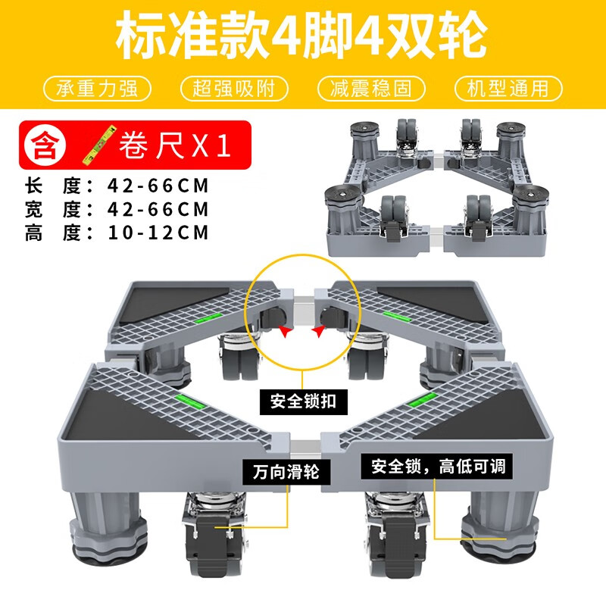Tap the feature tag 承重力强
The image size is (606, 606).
(x=96, y=89)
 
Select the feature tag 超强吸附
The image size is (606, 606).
(x=234, y=89)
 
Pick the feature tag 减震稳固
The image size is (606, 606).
(x=371, y=89)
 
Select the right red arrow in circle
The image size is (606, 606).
(x=320, y=330)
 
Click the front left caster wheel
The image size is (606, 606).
(x=208, y=549)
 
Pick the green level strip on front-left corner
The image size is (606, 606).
(x=186, y=396)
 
